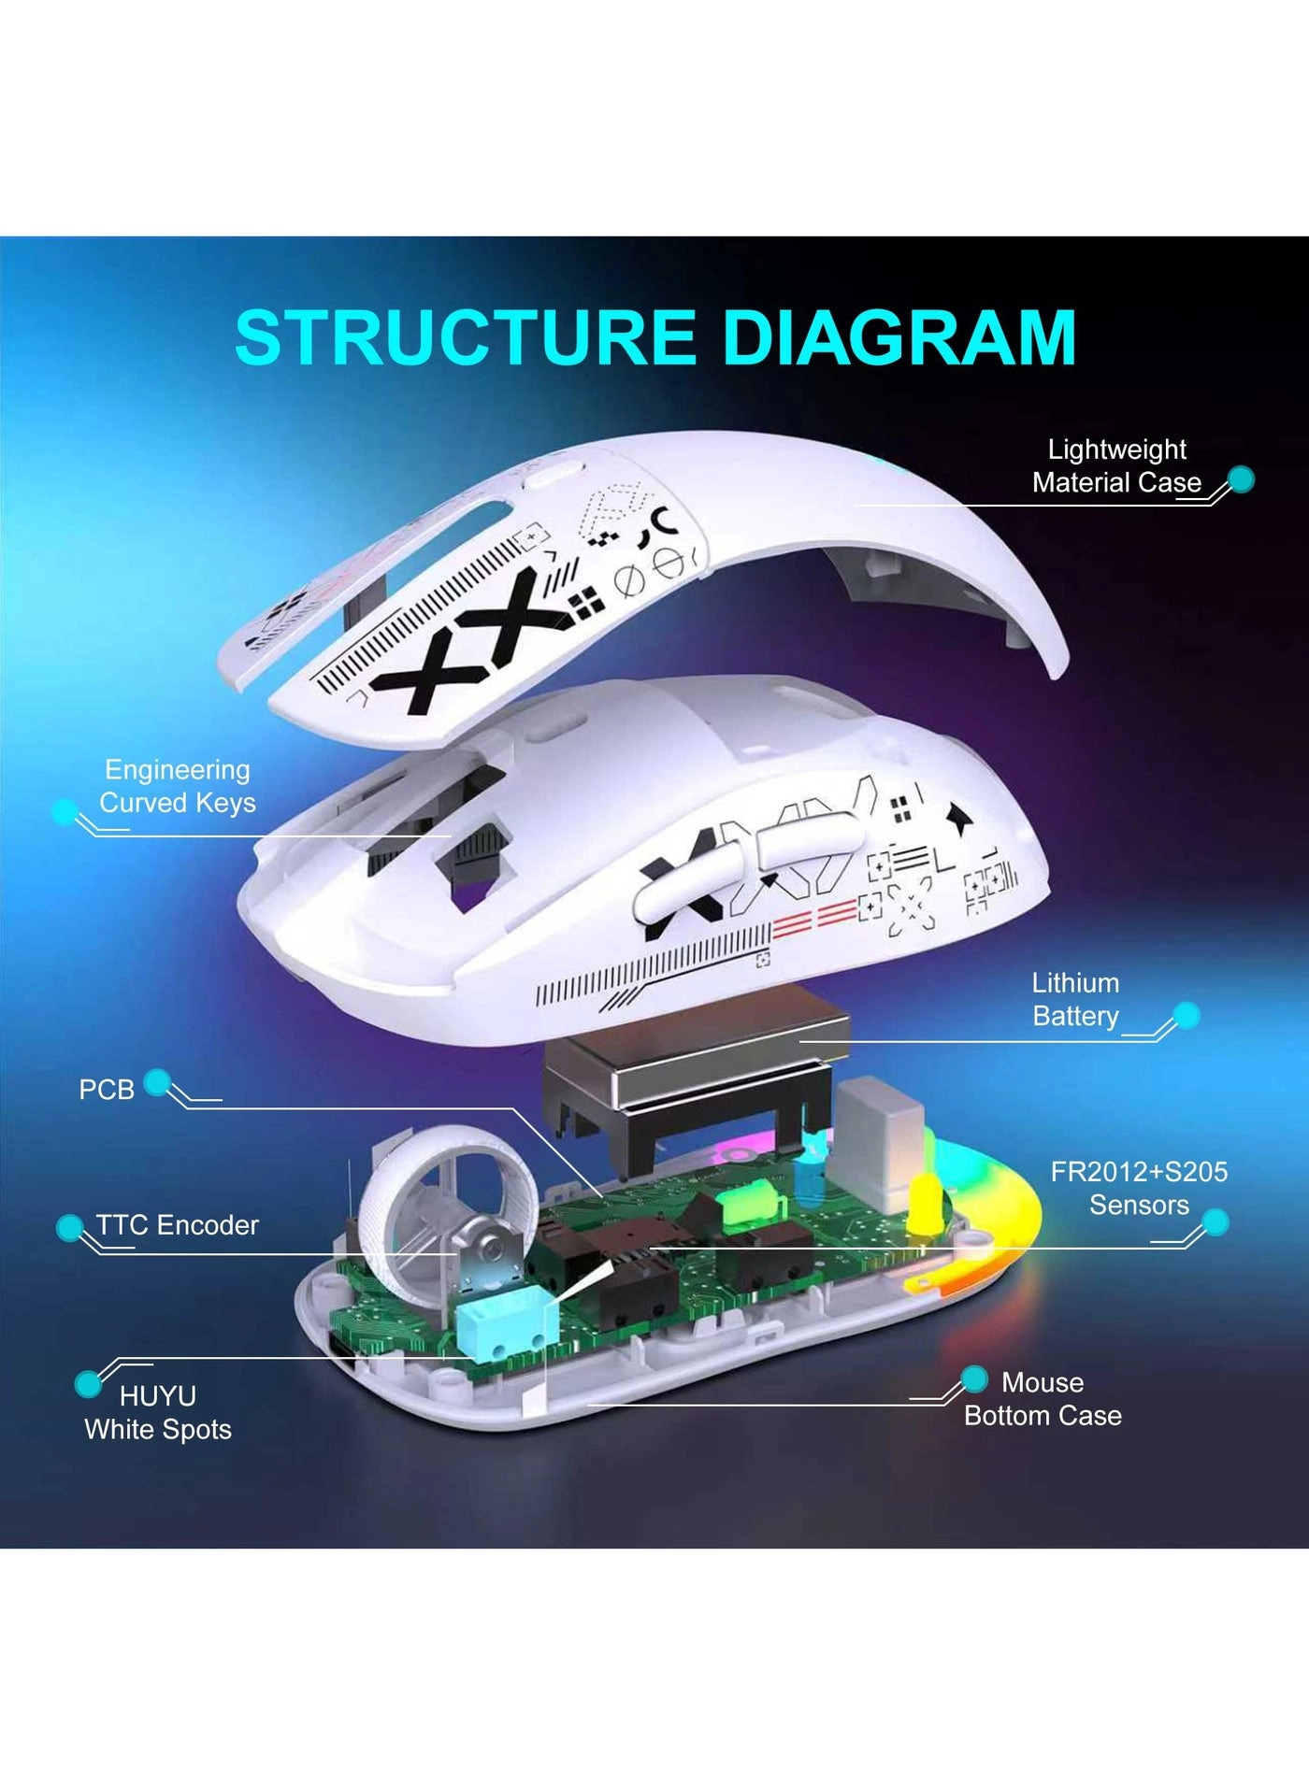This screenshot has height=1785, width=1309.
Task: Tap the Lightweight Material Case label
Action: coord(1116,466)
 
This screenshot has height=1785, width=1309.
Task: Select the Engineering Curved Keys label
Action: coord(177,786)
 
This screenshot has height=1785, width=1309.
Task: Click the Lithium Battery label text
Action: coord(1075,999)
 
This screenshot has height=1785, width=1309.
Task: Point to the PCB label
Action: coord(106,1090)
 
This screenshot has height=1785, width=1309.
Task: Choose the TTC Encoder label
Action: coord(177,1225)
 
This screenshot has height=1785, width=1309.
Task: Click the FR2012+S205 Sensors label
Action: coord(1138,1188)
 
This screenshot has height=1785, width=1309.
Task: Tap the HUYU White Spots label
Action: coord(157,1412)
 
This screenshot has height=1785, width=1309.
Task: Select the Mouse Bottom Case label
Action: coord(1043,1399)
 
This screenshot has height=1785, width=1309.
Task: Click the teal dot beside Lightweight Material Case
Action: coord(1241,479)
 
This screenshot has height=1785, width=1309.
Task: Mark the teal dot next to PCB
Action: coord(157,1082)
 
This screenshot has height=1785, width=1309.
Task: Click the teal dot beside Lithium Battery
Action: coord(1186,1015)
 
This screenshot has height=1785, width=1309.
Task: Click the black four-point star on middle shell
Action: coord(959,819)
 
